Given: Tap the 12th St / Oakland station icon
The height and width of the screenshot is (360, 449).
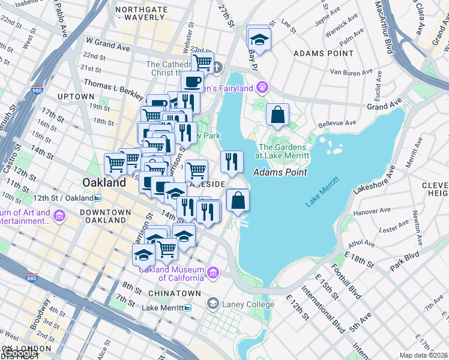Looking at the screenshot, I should (x=97, y=198).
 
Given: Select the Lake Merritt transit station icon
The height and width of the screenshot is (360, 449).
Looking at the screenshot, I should (x=188, y=308).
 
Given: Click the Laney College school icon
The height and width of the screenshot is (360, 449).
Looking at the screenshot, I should (x=212, y=304).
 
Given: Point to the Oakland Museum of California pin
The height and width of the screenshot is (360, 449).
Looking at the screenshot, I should (x=211, y=274).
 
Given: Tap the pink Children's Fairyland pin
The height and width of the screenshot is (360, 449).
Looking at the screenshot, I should (x=261, y=89).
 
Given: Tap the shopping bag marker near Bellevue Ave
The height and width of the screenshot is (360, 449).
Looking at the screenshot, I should (x=277, y=115).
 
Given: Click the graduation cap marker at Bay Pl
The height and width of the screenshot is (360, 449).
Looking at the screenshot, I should (x=259, y=39).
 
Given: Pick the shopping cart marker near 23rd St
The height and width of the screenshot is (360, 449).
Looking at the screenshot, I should (x=203, y=62).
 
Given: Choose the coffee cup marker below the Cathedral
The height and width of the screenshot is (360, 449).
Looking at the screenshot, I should (x=192, y=81).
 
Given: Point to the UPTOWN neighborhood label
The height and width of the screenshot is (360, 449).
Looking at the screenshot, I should (x=76, y=96).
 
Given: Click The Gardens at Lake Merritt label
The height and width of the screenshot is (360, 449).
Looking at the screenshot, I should (x=284, y=151).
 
